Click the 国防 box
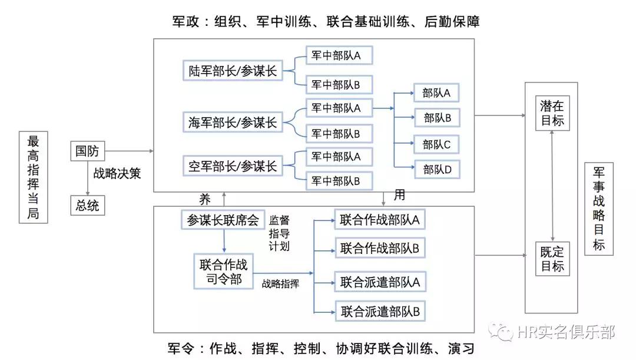point(87,151)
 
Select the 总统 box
point(87,206)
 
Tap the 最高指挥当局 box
point(34,177)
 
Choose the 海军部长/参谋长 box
point(233,123)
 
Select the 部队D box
point(436,170)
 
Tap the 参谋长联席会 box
point(223,220)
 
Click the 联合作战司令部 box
point(224,271)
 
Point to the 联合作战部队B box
point(380,248)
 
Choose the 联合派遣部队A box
point(380,282)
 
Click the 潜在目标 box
point(552,113)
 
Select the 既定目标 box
point(552,259)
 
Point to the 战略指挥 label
point(280,283)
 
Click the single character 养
point(204,199)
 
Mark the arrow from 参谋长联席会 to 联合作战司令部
point(224,241)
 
